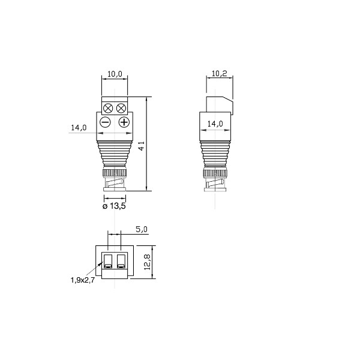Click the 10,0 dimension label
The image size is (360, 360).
coord(115,74)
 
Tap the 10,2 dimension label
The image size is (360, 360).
coord(219,74)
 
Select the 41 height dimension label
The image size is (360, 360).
coord(142,146)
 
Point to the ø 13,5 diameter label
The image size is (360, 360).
coord(114,206)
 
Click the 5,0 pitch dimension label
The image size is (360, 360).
coord(142,229)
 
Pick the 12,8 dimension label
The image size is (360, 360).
coord(147,262)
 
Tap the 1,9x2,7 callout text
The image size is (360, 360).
coord(82,280)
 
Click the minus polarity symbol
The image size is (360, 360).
coord(106,122)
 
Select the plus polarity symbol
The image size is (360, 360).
coord(124,122)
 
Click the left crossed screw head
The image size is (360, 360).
coord(108,109)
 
